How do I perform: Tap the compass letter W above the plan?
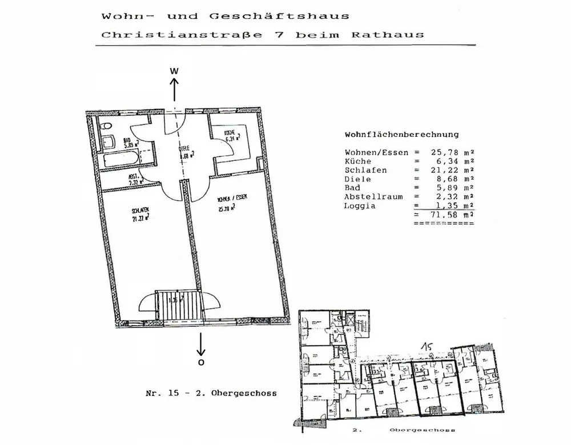point(175,71)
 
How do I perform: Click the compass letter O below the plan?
point(200,362)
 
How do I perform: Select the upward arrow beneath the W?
point(175,90)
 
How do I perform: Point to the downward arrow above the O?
point(200,343)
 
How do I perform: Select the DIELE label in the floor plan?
point(184,149)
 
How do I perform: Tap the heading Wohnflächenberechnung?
point(401,135)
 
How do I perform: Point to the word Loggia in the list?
point(360,205)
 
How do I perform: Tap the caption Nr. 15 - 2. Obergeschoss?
point(211,394)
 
